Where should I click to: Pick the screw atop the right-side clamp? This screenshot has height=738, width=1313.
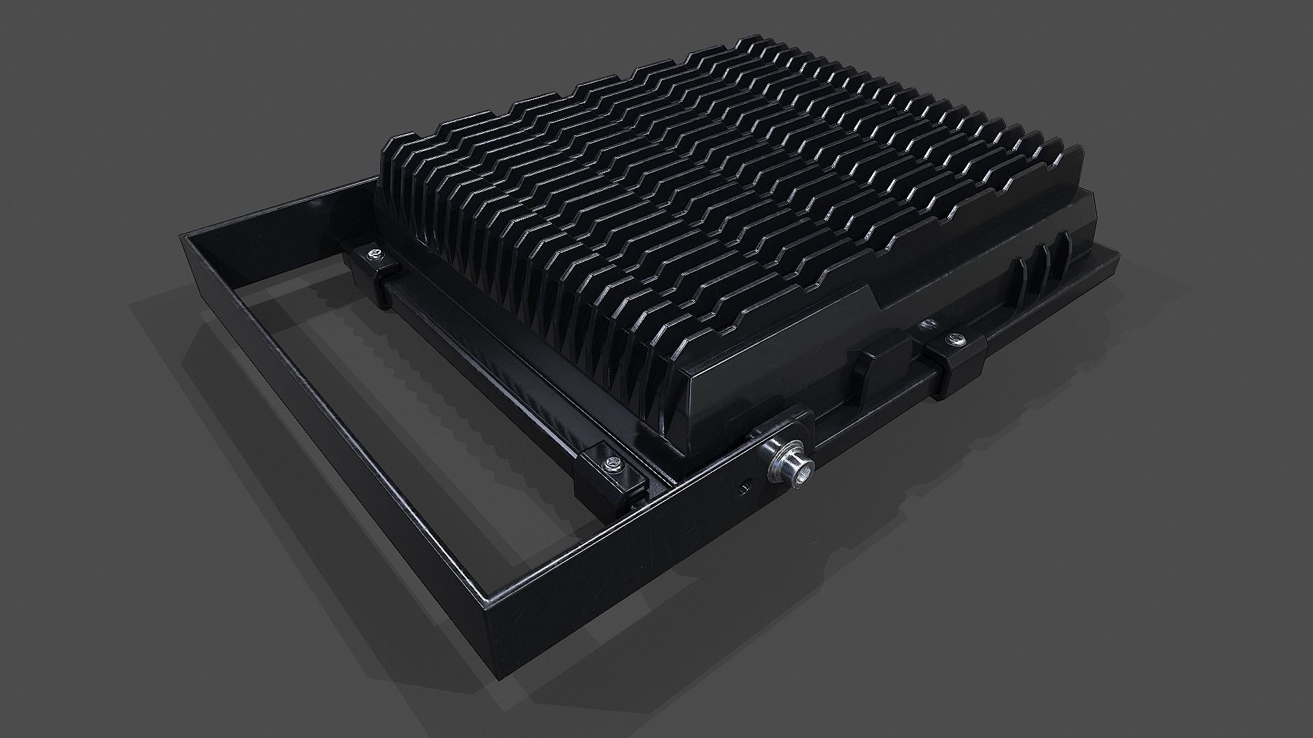953,338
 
